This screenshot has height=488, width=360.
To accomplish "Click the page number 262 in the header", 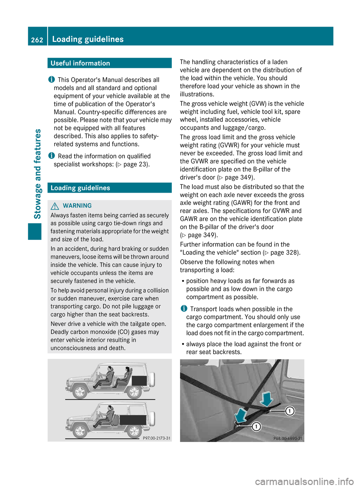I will (x=37, y=40).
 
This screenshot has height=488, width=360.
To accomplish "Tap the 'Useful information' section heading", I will (x=80, y=63).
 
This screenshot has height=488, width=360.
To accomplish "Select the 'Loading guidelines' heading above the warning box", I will (x=80, y=188).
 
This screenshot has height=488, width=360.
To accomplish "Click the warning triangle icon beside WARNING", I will (x=55, y=206).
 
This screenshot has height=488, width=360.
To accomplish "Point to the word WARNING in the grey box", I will (x=77, y=206).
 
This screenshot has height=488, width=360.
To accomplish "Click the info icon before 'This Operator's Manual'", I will (x=51, y=79).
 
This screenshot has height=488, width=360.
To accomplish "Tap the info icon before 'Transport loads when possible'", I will (x=184, y=308).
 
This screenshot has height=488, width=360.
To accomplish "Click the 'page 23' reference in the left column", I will (x=135, y=164).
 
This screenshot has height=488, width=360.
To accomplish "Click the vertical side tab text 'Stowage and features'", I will (x=37, y=174).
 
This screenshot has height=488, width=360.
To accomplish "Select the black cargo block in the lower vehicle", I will (x=133, y=419).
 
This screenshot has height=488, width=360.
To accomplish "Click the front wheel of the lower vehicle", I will (x=80, y=431).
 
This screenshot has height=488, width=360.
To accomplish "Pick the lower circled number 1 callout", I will (x=256, y=427).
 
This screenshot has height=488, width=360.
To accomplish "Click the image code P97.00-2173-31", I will (x=156, y=438).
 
